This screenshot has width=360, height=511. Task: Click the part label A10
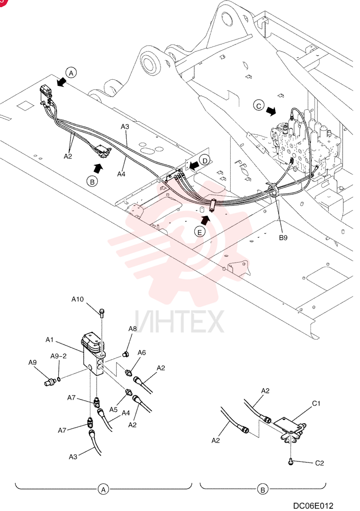tap(78, 299)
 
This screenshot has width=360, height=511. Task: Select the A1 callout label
tap(49, 340)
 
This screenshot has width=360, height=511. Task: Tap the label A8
tap(132, 329)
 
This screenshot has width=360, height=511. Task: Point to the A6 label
tap(142, 352)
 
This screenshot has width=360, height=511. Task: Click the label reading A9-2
tap(58, 356)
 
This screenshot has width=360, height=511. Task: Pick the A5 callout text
tap(113, 410)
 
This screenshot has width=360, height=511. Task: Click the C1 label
tap(316, 404)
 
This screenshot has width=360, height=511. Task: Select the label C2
tap(319, 463)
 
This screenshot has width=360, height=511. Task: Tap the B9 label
tap(283, 238)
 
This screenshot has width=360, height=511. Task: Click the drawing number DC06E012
tap(313, 505)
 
